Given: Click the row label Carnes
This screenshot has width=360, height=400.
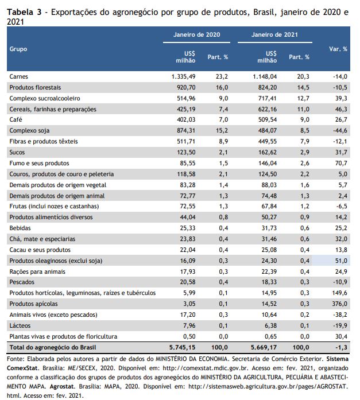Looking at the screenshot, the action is coord(18,76).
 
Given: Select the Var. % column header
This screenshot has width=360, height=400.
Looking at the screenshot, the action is coord(338,49).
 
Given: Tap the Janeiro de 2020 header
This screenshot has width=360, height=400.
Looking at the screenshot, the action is coord(197,34).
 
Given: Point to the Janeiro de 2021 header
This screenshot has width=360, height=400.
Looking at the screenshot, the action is coord(274,34).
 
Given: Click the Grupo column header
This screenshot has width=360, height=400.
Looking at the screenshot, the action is coord(18,49).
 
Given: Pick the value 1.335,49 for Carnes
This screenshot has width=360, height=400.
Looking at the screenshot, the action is coord(183,76).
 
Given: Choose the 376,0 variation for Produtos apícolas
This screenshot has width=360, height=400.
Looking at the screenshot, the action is coord(339,304).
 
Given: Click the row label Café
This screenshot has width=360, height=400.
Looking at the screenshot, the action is coord(16,119).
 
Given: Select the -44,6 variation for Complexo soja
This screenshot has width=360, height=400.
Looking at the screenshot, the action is coord(340,131).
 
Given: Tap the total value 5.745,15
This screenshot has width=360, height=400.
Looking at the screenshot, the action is coord(183,347).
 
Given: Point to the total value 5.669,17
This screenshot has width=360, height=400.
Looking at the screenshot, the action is coord(264,347).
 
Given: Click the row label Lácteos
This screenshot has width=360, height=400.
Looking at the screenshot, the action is coord(20,326).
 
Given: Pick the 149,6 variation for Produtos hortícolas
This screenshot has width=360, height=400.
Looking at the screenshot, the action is coord(339,293).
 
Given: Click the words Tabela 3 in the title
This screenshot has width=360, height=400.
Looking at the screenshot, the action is coord(24,12).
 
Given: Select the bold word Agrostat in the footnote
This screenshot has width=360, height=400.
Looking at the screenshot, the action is coord(62,386).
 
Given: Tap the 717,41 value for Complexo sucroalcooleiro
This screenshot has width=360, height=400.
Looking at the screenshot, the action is coord(268,98).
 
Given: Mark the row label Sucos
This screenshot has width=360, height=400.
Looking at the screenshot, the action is coord(17,152).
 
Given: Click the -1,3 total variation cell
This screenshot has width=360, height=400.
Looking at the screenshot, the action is coord(342,347).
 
